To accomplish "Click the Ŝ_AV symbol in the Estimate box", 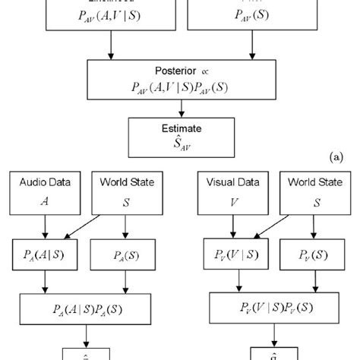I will [x=167, y=143].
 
